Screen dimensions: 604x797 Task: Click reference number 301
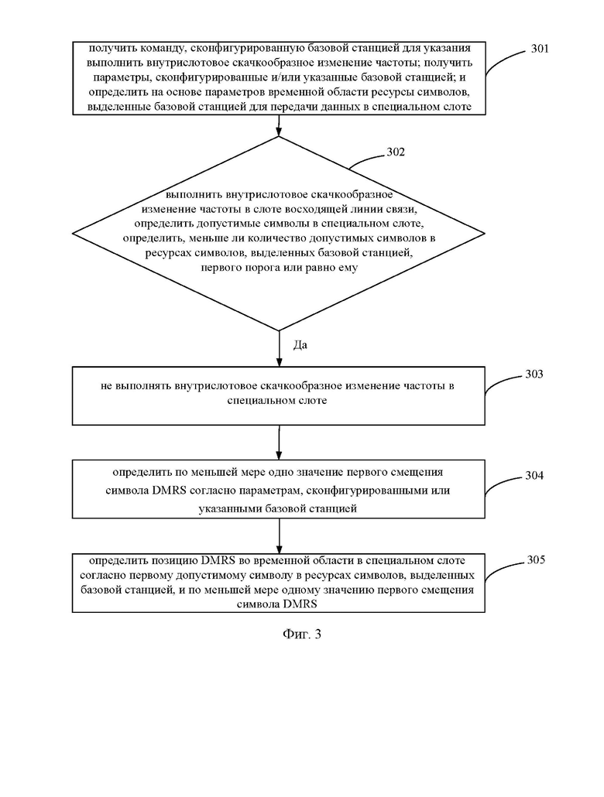pyautogui.click(x=540, y=49)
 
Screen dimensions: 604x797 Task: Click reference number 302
pyautogui.click(x=396, y=152)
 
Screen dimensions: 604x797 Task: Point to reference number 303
pyautogui.click(x=534, y=374)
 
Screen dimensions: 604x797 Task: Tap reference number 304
pyautogui.click(x=534, y=475)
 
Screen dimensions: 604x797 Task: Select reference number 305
pyautogui.click(x=536, y=559)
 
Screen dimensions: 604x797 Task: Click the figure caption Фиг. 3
pyautogui.click(x=302, y=634)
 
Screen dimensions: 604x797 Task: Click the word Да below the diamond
pyautogui.click(x=300, y=345)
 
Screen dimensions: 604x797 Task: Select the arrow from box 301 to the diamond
pyautogui.click(x=279, y=125)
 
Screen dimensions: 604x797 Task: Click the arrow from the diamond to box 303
pyautogui.click(x=279, y=349)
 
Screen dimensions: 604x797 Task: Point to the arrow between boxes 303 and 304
pyautogui.click(x=279, y=443)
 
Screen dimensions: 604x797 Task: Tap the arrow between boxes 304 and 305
pyautogui.click(x=279, y=536)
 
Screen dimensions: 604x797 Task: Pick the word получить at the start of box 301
pyautogui.click(x=108, y=48)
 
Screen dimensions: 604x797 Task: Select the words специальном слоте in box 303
pyautogui.click(x=277, y=400)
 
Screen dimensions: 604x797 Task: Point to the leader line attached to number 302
pyautogui.click(x=366, y=159)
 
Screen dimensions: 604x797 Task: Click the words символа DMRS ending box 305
pyautogui.click(x=276, y=604)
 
